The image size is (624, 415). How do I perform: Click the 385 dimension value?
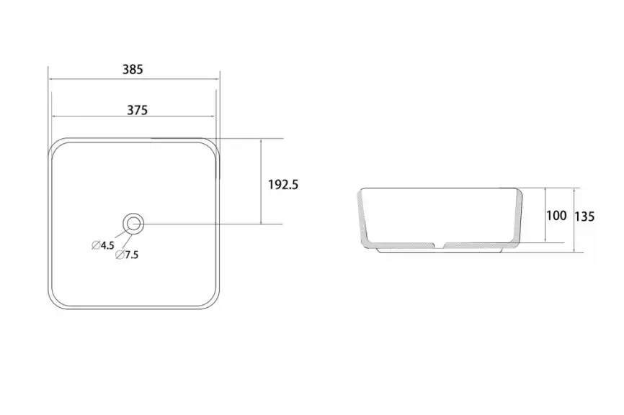pyautogui.click(x=133, y=70)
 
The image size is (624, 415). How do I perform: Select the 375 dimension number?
pyautogui.click(x=137, y=110)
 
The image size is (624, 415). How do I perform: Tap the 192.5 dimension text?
pyautogui.click(x=282, y=184)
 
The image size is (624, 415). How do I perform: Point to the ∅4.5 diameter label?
pyautogui.click(x=103, y=245)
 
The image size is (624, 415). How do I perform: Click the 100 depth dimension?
pyautogui.click(x=556, y=216)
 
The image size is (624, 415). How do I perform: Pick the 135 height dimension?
pyautogui.click(x=585, y=216)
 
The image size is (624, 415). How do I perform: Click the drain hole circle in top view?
pyautogui.click(x=133, y=224)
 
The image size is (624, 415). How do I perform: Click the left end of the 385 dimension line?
pyautogui.click(x=48, y=78)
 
